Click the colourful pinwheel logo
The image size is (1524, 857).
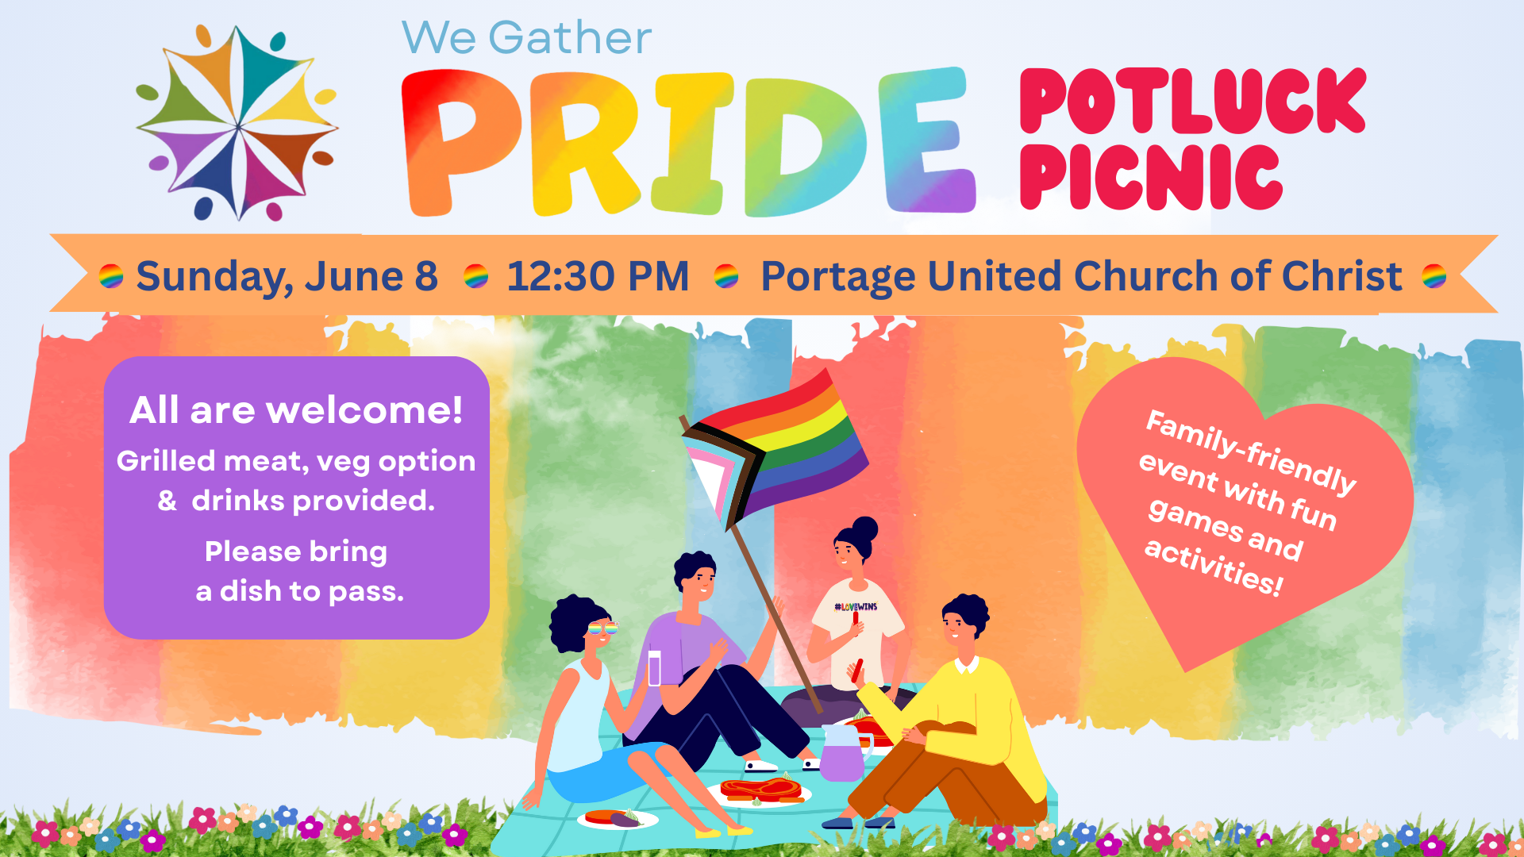pyautogui.click(x=237, y=123)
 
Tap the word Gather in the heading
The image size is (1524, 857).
pyautogui.click(x=570, y=38)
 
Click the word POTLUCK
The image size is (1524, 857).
pyautogui.click(x=1192, y=101)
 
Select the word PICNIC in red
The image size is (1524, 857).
pyautogui.click(x=1151, y=177)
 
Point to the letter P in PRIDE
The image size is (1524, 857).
pyautogui.click(x=460, y=143)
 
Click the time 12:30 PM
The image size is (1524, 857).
pyautogui.click(x=598, y=276)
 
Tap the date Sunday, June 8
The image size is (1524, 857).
pyautogui.click(x=287, y=277)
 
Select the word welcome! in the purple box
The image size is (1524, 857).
pyautogui.click(x=364, y=410)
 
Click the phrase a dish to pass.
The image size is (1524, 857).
pyautogui.click(x=300, y=591)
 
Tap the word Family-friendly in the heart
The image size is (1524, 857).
pyautogui.click(x=1251, y=452)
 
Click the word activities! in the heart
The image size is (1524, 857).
pyautogui.click(x=1213, y=567)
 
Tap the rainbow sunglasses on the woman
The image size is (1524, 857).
pyautogui.click(x=602, y=628)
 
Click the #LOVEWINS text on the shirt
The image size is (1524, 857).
pyautogui.click(x=856, y=607)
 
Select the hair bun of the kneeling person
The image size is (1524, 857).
pyautogui.click(x=864, y=529)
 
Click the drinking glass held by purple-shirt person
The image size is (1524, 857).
pyautogui.click(x=654, y=668)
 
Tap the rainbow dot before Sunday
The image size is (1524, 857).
pyautogui.click(x=111, y=276)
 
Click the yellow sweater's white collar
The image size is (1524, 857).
pyautogui.click(x=967, y=665)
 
